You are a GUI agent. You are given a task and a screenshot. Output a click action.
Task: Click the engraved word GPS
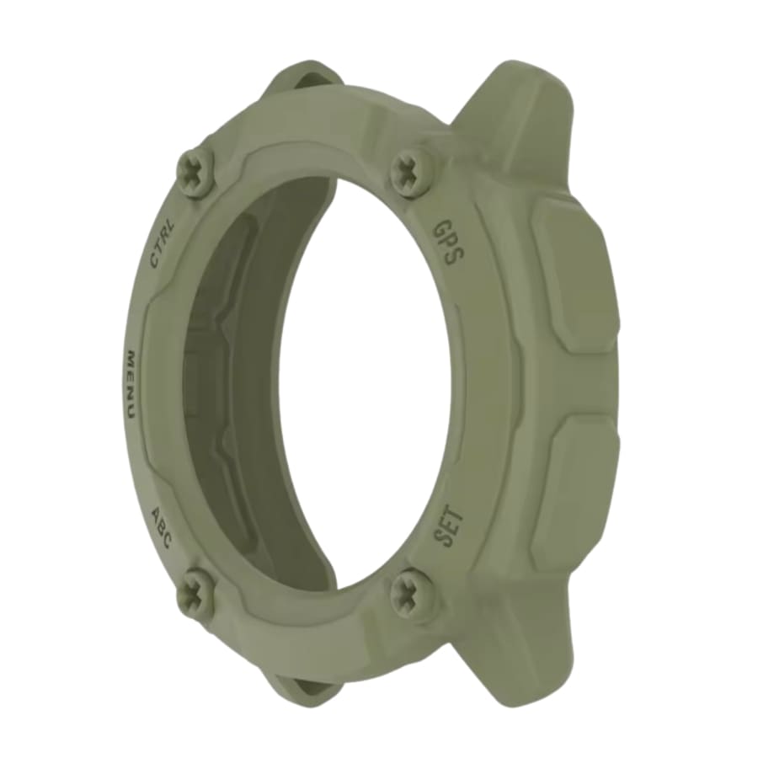[x=448, y=243]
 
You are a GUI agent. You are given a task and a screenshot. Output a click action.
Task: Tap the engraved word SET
[x=449, y=526]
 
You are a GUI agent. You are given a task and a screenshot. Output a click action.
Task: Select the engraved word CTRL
[x=163, y=243]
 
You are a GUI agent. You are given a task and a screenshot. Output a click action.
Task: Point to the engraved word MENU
[x=131, y=382]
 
